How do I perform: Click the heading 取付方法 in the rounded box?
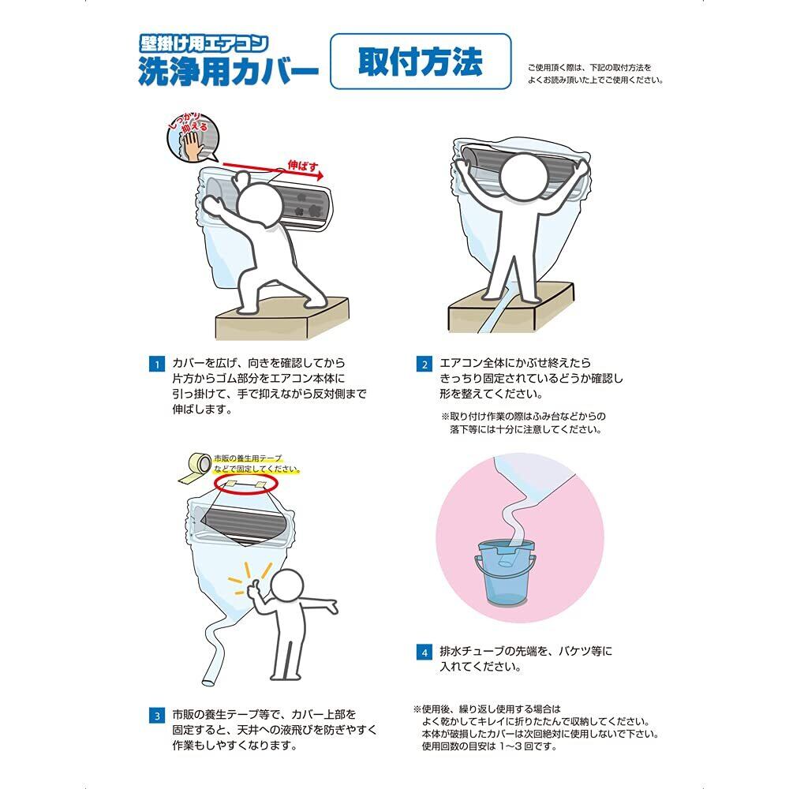(x=421, y=62)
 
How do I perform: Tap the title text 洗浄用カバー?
(x=229, y=72)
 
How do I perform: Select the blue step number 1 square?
(x=157, y=365)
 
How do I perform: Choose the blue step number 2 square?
(x=424, y=365)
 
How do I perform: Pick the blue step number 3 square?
(x=157, y=716)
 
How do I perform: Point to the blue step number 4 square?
(x=424, y=653)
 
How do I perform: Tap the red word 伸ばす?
(x=303, y=166)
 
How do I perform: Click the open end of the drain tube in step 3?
(x=208, y=681)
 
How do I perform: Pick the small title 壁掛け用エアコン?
(x=204, y=44)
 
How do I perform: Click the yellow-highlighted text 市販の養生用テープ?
(x=248, y=458)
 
